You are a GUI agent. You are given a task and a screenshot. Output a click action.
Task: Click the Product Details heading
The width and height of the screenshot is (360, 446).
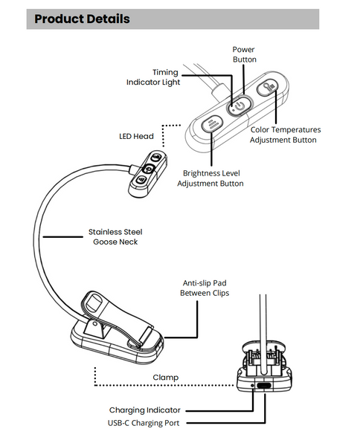pyautogui.click(x=82, y=19)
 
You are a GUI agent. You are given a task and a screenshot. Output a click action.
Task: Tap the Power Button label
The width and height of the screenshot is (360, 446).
pyautogui.click(x=244, y=54)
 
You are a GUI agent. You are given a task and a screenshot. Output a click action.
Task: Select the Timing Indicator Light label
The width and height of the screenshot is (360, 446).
pyautogui.click(x=153, y=77)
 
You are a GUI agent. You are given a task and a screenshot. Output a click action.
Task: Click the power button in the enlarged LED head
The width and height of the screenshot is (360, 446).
pyautogui.click(x=240, y=106)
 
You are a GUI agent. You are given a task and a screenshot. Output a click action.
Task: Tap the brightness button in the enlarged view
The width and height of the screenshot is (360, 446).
pyautogui.click(x=212, y=123)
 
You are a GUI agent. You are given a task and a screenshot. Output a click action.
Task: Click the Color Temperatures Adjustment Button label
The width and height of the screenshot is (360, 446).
pyautogui.click(x=285, y=135)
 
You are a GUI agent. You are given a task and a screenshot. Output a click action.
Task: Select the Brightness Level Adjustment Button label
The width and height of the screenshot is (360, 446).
pyautogui.click(x=210, y=178)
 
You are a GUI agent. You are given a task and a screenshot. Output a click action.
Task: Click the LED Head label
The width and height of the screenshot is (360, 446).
pyautogui.click(x=136, y=136)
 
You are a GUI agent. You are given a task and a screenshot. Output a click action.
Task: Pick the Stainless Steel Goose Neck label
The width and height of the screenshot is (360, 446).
pyautogui.click(x=115, y=236)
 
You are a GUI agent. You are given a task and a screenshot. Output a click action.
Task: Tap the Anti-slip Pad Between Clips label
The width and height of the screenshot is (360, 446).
pyautogui.click(x=205, y=288)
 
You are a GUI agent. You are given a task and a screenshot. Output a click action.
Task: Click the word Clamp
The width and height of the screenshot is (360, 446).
pyautogui.click(x=166, y=378)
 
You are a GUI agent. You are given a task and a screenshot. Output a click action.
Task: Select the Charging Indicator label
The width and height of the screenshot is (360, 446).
pyautogui.click(x=145, y=410)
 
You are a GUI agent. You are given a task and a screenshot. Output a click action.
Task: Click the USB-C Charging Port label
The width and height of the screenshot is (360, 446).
pyautogui.click(x=144, y=423)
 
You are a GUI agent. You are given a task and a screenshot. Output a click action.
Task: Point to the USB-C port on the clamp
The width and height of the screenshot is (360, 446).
pyautogui.click(x=264, y=386)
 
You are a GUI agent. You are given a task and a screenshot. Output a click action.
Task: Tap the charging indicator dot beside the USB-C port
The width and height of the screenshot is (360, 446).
pyautogui.click(x=253, y=385)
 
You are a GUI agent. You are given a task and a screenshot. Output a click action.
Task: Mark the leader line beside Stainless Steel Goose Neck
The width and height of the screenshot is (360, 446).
pyautogui.click(x=63, y=236)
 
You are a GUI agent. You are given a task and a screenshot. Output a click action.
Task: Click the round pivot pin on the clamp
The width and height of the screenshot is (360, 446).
pyautogui.click(x=94, y=323)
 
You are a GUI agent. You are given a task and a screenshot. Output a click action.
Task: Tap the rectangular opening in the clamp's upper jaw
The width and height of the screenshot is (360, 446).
pyautogui.click(x=94, y=303)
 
